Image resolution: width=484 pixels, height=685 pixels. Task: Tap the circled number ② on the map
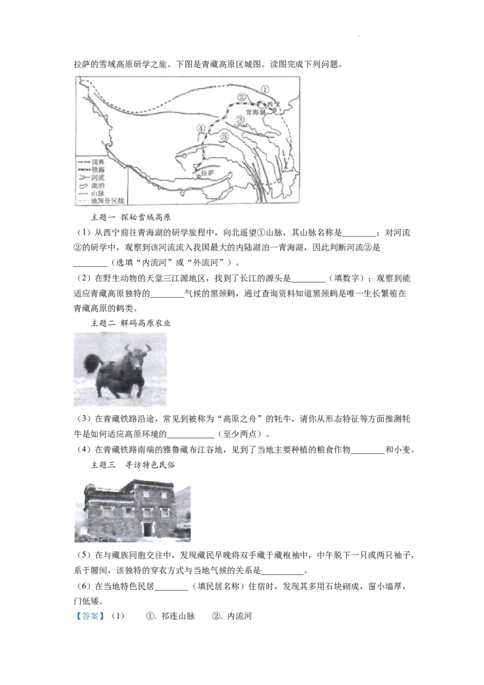tap(241, 97)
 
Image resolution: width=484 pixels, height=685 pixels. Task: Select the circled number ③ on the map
tap(240, 119)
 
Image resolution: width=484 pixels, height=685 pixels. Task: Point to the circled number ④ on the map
tap(201, 128)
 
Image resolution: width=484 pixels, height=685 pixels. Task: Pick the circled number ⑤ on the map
tap(224, 137)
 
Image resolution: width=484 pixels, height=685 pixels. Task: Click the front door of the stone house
tap(148, 529)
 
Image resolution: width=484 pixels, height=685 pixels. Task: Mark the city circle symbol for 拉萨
tap(199, 177)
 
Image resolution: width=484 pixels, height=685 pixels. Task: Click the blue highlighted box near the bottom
tap(90, 617)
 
